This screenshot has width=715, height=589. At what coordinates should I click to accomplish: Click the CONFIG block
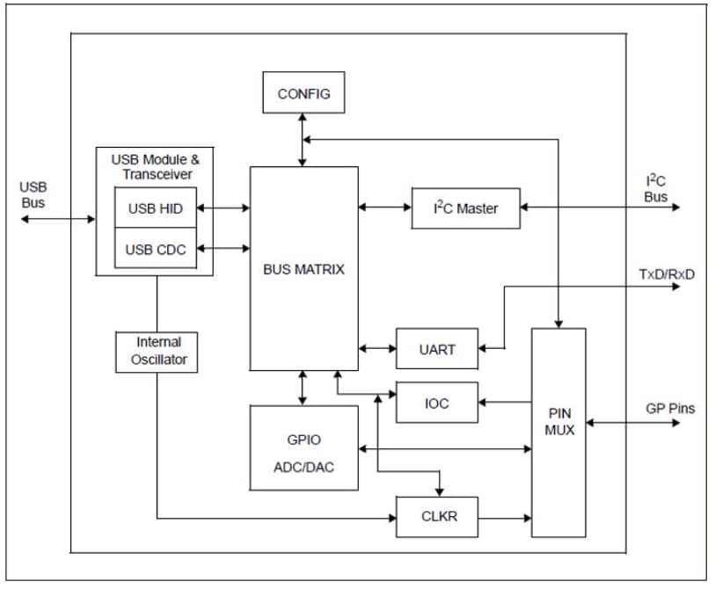click(x=303, y=92)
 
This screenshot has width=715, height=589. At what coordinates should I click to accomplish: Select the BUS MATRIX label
click(x=303, y=270)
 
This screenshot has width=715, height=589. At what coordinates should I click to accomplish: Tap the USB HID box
click(x=156, y=208)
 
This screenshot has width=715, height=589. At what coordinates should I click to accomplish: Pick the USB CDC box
click(x=156, y=250)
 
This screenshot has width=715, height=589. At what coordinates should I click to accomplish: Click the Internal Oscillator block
click(x=157, y=351)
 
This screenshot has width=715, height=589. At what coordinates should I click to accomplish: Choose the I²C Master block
click(x=465, y=208)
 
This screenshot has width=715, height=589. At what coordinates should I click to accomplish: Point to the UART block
click(x=437, y=349)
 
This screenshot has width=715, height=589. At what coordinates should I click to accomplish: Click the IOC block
click(x=437, y=404)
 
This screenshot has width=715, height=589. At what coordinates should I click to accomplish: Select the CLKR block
click(x=437, y=516)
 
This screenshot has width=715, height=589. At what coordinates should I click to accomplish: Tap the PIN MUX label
click(x=558, y=421)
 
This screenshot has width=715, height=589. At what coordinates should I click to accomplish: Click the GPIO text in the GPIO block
click(x=303, y=440)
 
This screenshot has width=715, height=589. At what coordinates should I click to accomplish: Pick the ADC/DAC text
click(x=303, y=467)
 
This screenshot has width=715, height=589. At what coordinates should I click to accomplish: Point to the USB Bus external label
click(x=33, y=195)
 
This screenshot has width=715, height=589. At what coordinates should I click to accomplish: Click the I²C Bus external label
click(x=655, y=188)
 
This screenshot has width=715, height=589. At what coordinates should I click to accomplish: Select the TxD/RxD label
click(x=666, y=273)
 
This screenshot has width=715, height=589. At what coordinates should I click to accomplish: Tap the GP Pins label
click(x=669, y=409)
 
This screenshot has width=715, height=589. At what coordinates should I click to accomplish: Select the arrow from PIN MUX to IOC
click(x=505, y=404)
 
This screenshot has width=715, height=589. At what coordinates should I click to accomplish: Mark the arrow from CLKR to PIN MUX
click(x=505, y=516)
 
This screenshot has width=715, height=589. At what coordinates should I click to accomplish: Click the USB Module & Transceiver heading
click(x=155, y=166)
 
